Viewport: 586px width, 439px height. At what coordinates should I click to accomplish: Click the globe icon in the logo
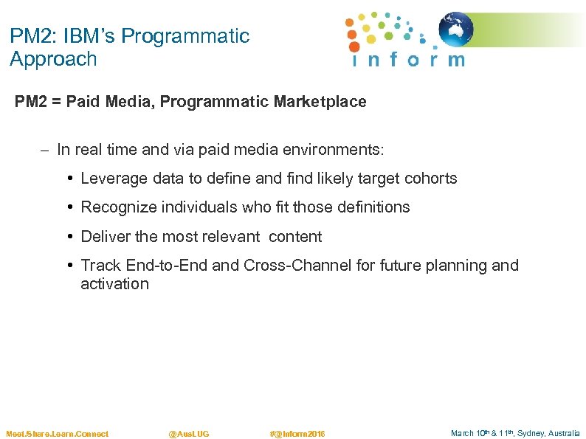[x=456, y=30]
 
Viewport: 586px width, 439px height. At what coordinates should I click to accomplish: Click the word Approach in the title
[x=53, y=59]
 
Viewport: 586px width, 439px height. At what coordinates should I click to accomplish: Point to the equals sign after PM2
[x=55, y=102]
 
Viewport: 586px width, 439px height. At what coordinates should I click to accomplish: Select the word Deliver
[x=103, y=237]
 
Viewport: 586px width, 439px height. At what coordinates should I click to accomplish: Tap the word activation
[x=114, y=284]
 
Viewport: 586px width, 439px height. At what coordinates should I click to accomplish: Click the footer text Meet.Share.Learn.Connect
[x=57, y=434]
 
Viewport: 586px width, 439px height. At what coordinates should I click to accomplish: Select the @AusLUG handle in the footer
[x=189, y=434]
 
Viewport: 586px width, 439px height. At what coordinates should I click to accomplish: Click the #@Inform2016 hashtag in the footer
[x=297, y=434]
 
